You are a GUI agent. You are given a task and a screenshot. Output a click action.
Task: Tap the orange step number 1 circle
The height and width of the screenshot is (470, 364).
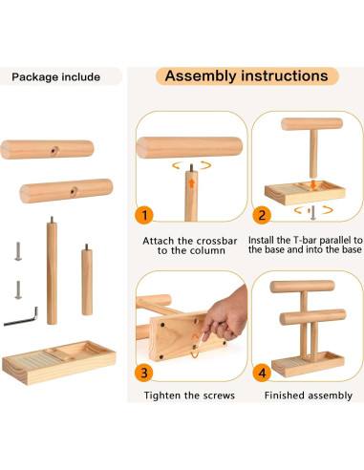point(143,215)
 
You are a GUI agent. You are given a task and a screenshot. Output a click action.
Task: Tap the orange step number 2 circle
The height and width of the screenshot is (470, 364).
point(259,215)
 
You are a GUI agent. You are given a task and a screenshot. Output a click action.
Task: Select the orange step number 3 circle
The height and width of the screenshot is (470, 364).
point(143,372)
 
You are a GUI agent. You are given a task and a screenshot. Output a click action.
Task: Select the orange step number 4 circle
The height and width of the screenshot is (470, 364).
point(259,372)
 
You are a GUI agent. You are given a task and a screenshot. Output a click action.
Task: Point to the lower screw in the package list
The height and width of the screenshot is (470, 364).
point(17,288)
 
